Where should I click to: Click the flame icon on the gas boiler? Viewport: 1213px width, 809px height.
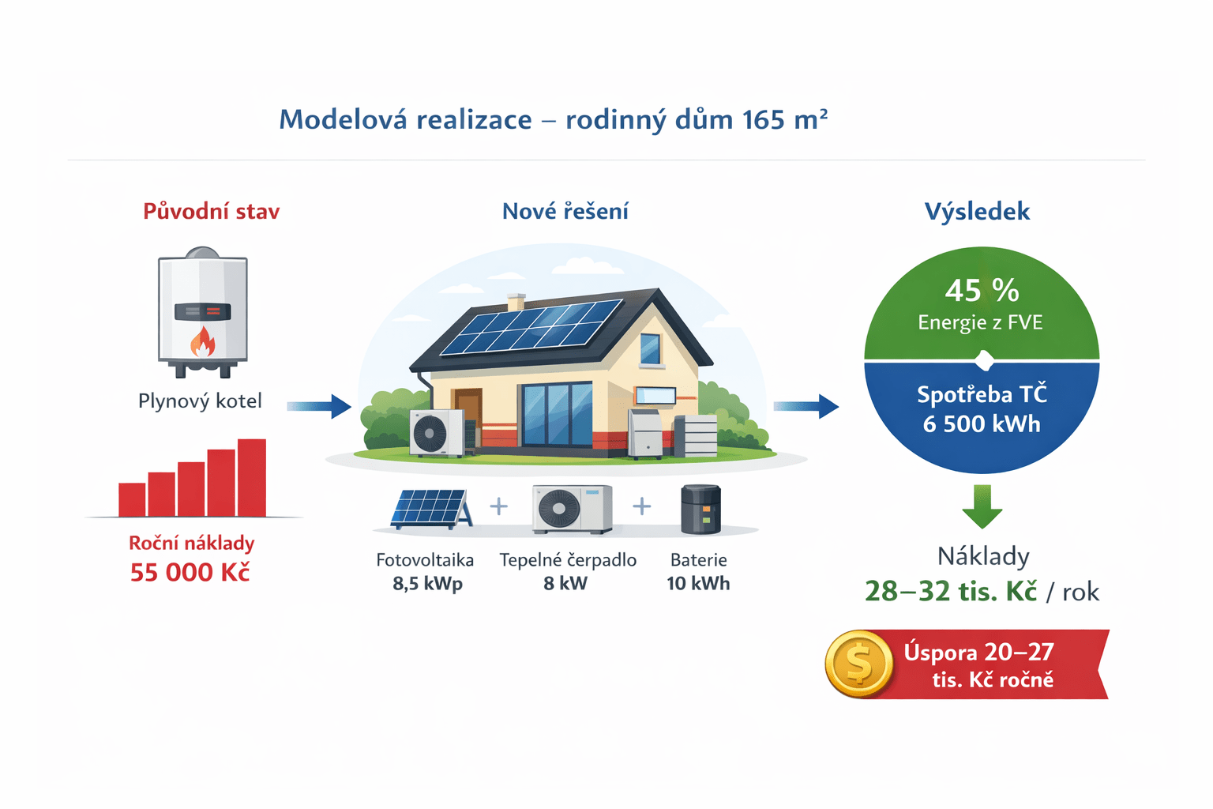point(202,341)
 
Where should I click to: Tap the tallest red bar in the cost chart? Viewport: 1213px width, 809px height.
point(252,477)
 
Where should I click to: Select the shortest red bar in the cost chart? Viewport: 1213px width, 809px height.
point(132,499)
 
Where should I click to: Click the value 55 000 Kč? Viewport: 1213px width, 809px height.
point(190,572)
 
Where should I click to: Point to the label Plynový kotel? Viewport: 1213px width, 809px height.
point(200,401)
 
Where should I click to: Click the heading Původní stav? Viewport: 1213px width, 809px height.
point(211,211)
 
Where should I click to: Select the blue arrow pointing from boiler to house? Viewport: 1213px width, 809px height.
point(319,406)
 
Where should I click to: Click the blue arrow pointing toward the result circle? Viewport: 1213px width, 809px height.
point(806,406)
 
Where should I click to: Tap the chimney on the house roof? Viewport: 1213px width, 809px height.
point(516,303)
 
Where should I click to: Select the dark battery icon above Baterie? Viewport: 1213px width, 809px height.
point(700,510)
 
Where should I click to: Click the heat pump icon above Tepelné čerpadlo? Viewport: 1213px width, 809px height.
point(573,509)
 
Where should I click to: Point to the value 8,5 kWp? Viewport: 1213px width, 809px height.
point(428,583)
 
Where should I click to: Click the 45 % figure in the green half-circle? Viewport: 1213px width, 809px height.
point(982,291)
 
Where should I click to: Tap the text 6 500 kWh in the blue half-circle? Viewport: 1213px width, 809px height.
point(982,423)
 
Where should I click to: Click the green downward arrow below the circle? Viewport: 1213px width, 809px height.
point(982,506)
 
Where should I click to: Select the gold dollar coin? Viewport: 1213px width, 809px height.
point(859,664)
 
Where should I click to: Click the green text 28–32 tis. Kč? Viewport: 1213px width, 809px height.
point(951,591)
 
